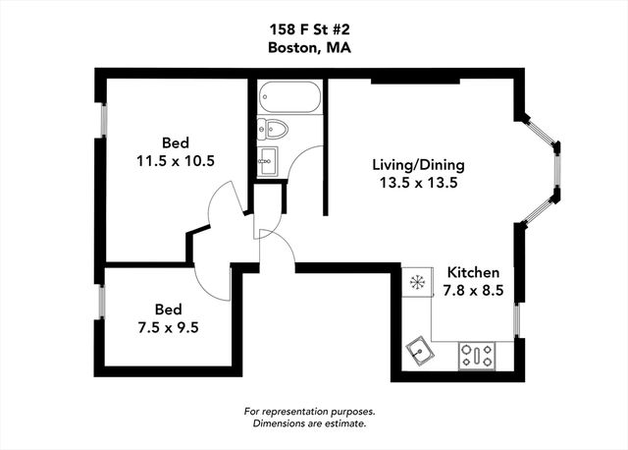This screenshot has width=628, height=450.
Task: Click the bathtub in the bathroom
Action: (x=289, y=98)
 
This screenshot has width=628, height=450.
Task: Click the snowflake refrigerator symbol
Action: (x=417, y=283)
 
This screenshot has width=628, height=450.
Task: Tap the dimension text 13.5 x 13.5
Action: (x=417, y=183)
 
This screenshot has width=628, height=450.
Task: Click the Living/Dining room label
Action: (x=418, y=164)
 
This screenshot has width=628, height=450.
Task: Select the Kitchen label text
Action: (x=474, y=272)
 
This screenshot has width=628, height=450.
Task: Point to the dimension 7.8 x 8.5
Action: (x=474, y=290)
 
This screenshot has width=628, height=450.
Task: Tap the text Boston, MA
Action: (x=313, y=48)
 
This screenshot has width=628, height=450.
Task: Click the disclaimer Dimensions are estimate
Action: (x=309, y=423)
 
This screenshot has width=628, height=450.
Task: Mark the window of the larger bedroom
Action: (x=102, y=118)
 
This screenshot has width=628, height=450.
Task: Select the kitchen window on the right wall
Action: (x=517, y=320)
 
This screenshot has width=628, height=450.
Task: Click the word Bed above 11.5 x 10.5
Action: (x=177, y=140)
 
